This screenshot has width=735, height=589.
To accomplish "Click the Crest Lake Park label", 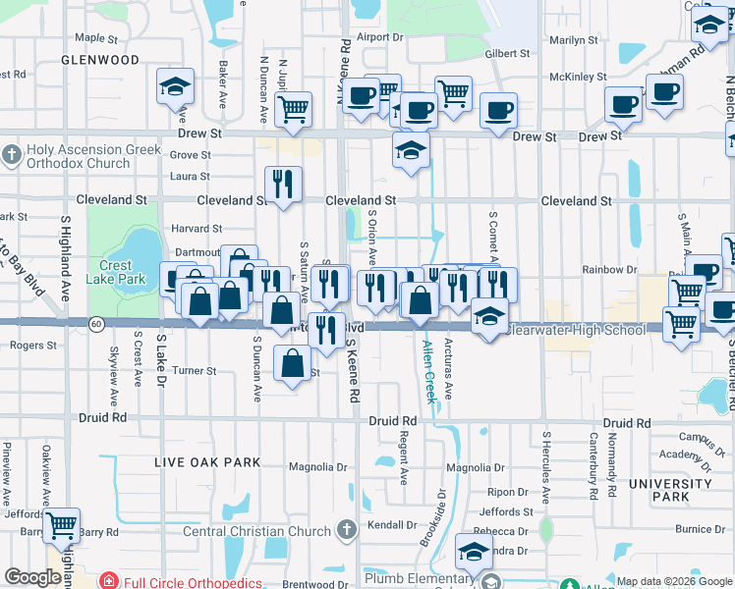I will [x=123, y=272].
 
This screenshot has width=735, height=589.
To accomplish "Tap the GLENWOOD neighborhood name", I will [x=100, y=60].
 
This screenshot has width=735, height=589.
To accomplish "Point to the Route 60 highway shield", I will [x=95, y=322].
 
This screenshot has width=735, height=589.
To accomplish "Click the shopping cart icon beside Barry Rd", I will [x=62, y=526].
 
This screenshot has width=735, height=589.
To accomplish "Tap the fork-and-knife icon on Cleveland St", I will [x=283, y=184].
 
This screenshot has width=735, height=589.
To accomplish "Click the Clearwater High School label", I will [x=577, y=330].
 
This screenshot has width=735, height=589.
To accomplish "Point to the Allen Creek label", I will [x=428, y=372].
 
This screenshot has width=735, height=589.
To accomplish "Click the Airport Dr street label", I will [x=380, y=37].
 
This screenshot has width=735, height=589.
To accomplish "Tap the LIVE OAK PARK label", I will [x=207, y=462].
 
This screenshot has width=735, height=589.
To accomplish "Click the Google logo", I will [x=32, y=577].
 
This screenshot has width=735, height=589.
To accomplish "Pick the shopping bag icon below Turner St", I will [x=293, y=365].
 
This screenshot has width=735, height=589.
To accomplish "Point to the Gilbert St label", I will [x=507, y=54].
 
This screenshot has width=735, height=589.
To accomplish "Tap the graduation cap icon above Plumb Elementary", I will [x=475, y=552].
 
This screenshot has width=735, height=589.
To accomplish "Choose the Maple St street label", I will [x=96, y=38].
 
